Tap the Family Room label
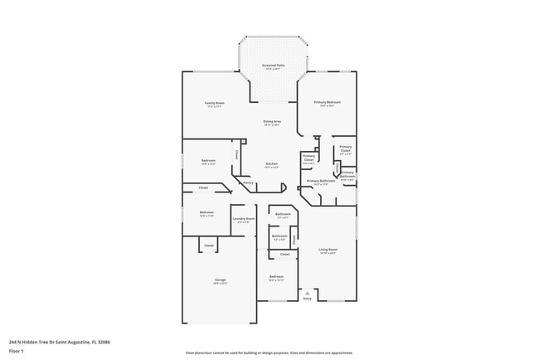click(215, 102)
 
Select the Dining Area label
click(271, 121)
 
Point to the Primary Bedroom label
click(328, 102)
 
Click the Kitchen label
click(271, 163)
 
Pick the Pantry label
click(248, 182)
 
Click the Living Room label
click(328, 249)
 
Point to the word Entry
click(308, 299)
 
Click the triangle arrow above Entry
click(308, 293)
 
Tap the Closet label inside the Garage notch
click(209, 246)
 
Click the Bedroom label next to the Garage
click(276, 276)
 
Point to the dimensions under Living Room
click(328, 253)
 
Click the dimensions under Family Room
click(215, 106)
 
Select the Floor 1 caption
click(16, 349)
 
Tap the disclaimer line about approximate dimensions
click(269, 353)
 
